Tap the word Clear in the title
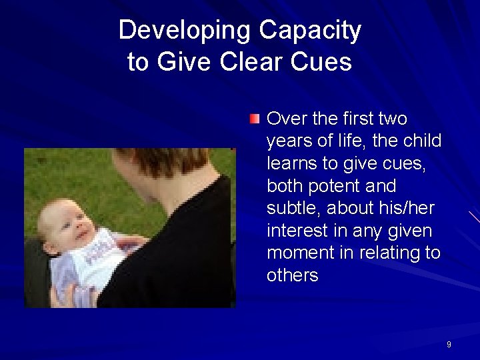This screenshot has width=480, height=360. [x=253, y=62]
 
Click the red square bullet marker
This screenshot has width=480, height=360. [x=255, y=119]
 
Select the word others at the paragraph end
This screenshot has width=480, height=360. [x=292, y=275]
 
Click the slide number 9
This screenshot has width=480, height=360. [x=449, y=345]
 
